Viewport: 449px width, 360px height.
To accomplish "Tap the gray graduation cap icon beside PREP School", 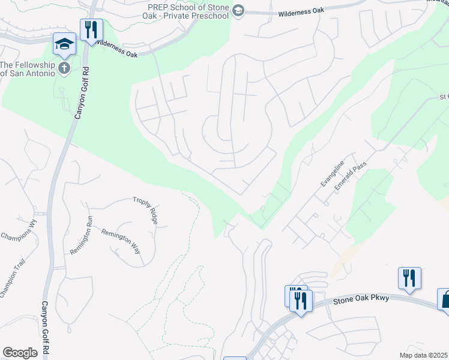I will tap(238, 11).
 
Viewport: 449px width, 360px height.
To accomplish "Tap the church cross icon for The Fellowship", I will tap(65, 68).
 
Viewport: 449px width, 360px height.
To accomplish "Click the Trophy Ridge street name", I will tap(146, 211).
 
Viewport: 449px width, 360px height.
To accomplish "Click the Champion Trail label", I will tap(11, 281).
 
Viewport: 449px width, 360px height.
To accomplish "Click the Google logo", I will tap(20, 353).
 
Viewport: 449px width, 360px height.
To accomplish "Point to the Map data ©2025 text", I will tap(423, 355).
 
